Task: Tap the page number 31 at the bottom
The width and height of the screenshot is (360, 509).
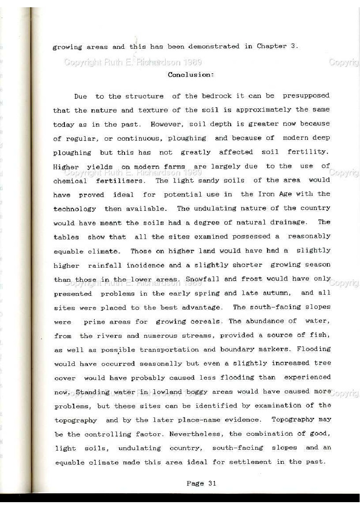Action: pyautogui.click(x=212, y=483)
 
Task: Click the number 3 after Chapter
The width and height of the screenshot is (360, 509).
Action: pyautogui.click(x=293, y=46)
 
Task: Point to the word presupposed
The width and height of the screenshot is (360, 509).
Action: pyautogui.click(x=306, y=96)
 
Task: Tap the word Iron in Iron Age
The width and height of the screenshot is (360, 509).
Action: pyautogui.click(x=266, y=194)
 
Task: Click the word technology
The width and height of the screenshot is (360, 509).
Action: pyautogui.click(x=75, y=209)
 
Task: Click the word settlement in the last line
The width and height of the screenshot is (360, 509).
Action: pyautogui.click(x=250, y=462)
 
